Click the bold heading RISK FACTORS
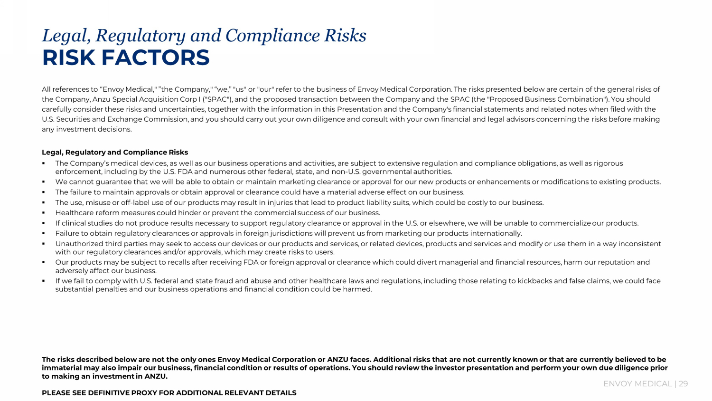(x=126, y=58)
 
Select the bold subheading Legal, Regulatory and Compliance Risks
(x=115, y=153)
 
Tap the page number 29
(x=683, y=384)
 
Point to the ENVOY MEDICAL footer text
(x=637, y=384)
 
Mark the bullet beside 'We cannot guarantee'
(x=44, y=182)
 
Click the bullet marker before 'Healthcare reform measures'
(x=44, y=213)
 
